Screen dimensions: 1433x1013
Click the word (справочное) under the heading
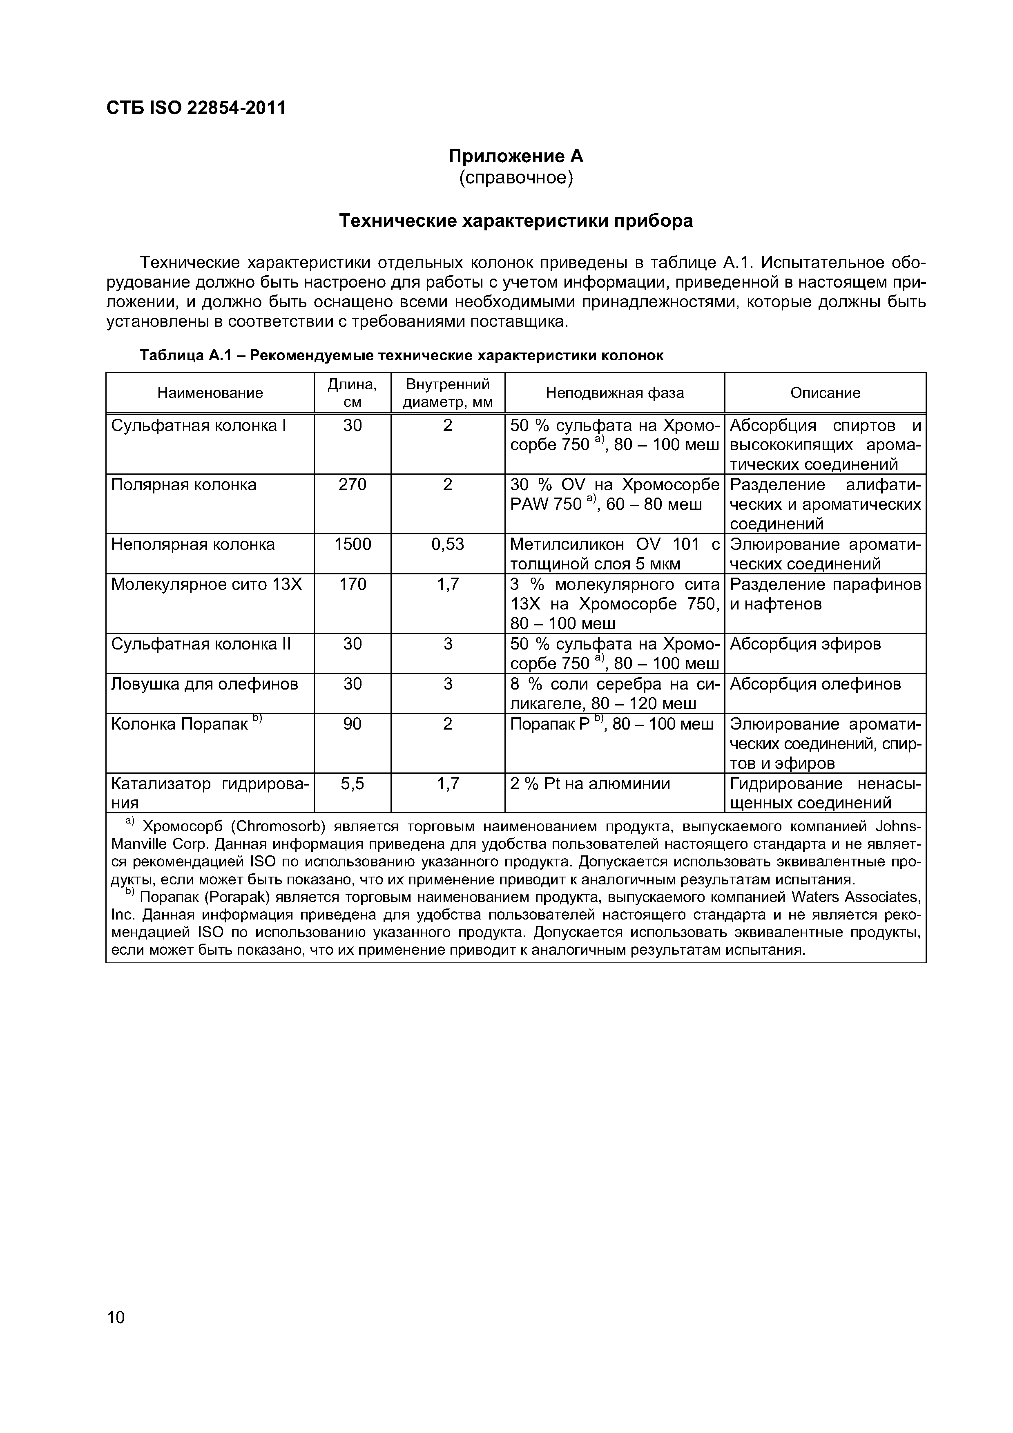pyautogui.click(x=515, y=178)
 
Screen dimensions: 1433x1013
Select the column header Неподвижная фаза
pyautogui.click(x=614, y=393)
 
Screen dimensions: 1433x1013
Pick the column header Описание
pyautogui.click(x=825, y=393)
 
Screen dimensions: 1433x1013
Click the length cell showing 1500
pyautogui.click(x=352, y=544)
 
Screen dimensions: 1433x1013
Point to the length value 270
pyautogui.click(x=352, y=485)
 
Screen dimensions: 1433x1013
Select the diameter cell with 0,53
pyautogui.click(x=448, y=544)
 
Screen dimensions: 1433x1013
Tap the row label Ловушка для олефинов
pyautogui.click(x=204, y=684)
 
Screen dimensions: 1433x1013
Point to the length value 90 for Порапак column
pyautogui.click(x=352, y=724)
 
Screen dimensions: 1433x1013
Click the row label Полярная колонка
pyautogui.click(x=183, y=485)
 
